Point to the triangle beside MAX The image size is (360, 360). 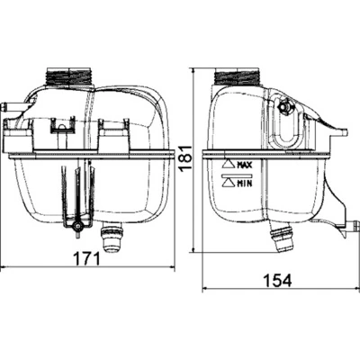[x=226, y=166]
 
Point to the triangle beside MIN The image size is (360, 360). [x=226, y=182]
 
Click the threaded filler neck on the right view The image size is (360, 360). [x=235, y=76]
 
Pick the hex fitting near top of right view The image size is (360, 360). [x=287, y=107]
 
